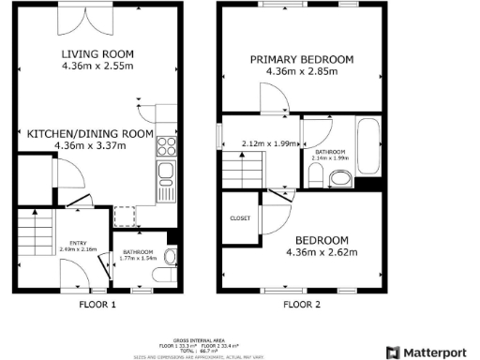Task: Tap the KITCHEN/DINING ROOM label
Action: coord(90,133)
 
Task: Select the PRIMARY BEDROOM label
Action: coord(301,59)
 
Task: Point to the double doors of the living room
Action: coord(73,19)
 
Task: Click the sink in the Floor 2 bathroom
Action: coord(340,178)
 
